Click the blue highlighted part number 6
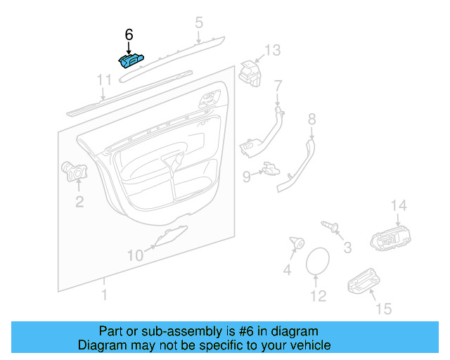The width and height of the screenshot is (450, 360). pos(131,61)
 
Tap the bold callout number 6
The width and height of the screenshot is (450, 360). pos(129,34)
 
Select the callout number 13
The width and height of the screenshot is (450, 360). pos(272,50)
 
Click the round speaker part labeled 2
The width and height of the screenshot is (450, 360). pos(75,172)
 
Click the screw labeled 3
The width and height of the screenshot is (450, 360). pos(330,226)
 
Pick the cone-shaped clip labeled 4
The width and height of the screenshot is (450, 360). pos(297,243)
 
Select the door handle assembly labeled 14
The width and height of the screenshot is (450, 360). pos(391,238)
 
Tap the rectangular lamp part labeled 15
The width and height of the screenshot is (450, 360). pos(364,281)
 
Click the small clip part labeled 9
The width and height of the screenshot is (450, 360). pos(271,169)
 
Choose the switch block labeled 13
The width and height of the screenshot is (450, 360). pos(250,74)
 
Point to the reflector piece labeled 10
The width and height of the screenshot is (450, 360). pos(171,236)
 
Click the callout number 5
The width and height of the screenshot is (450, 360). pos(199,22)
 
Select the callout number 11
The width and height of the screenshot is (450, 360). pos(104,80)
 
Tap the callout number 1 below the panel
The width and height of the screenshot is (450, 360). pos(105,295)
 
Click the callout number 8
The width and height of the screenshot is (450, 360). pos(312,119)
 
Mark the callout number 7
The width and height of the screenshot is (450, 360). pos(278,86)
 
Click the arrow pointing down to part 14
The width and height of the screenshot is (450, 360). pos(398,220)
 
